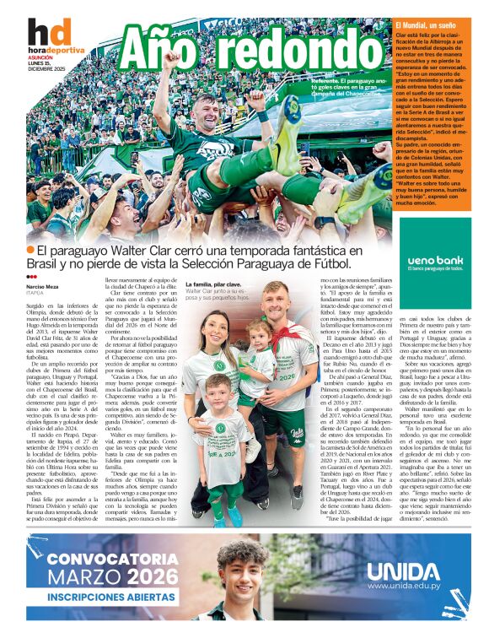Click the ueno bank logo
click(435, 261)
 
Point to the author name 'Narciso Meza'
click(42, 286)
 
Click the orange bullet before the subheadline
click(31, 250)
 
